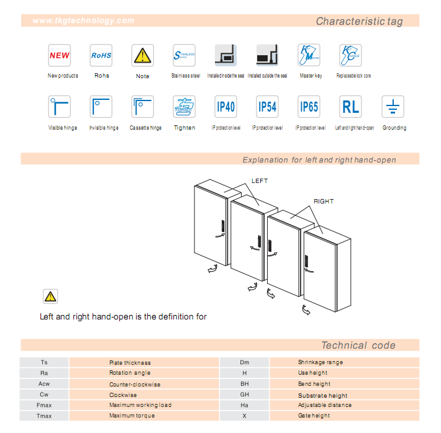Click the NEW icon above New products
[60, 55]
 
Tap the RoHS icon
[101, 55]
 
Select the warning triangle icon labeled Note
[142, 55]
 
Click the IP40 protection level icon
[225, 107]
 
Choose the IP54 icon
[267, 107]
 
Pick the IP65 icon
[309, 107]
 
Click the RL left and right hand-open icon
[351, 107]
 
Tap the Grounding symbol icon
[393, 107]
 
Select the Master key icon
[309, 55]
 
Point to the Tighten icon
[184, 107]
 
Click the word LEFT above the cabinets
[260, 181]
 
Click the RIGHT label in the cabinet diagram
[324, 202]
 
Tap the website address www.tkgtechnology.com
[83, 20]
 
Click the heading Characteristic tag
[359, 21]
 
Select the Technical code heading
[358, 346]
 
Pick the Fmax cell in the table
[44, 405]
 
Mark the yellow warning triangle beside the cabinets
[50, 296]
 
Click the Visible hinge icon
[60, 107]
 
